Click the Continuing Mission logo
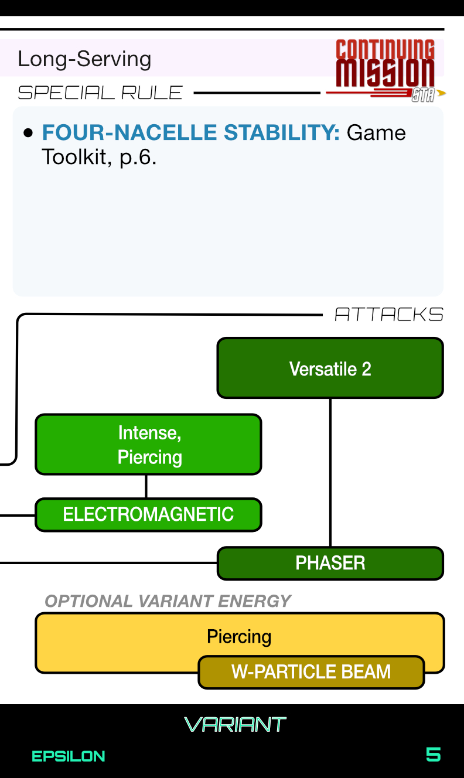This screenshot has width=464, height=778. tap(385, 70)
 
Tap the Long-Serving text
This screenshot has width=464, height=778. tap(84, 59)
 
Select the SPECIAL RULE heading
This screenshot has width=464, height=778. tap(100, 93)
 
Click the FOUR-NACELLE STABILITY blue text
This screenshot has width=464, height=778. tap(191, 133)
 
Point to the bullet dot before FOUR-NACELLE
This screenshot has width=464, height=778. tap(28, 134)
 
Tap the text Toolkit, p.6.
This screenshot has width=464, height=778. tap(99, 157)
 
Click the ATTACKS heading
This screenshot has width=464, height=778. tap(389, 315)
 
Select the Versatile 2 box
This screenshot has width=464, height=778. tap(330, 368)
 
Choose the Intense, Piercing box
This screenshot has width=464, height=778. tap(148, 445)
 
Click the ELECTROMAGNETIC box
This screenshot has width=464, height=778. tap(148, 514)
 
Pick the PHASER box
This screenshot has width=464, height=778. tap(330, 563)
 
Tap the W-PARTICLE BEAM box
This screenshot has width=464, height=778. tap(311, 671)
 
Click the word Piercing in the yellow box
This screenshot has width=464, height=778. tap(239, 637)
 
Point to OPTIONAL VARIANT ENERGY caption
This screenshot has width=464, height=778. tap(168, 601)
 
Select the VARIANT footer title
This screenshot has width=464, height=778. tap(235, 725)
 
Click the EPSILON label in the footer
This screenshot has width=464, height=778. tap(68, 756)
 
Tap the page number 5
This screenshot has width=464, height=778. tap(433, 755)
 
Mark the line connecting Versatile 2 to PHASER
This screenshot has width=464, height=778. tap(330, 472)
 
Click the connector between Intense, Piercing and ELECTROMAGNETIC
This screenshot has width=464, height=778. tap(146, 486)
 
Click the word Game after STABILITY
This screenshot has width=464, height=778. tap(376, 133)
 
